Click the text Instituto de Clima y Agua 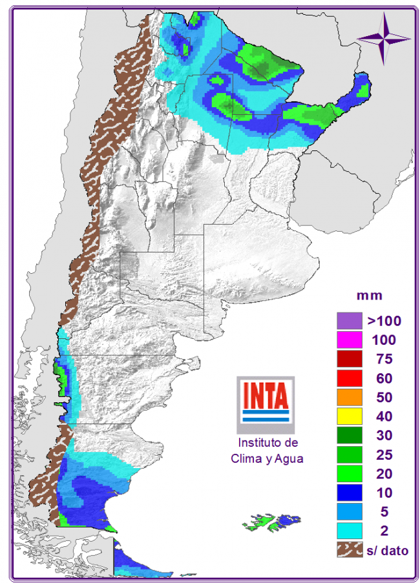(267, 451)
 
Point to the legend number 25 (384, 455)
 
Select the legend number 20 (384, 474)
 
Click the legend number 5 (384, 512)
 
